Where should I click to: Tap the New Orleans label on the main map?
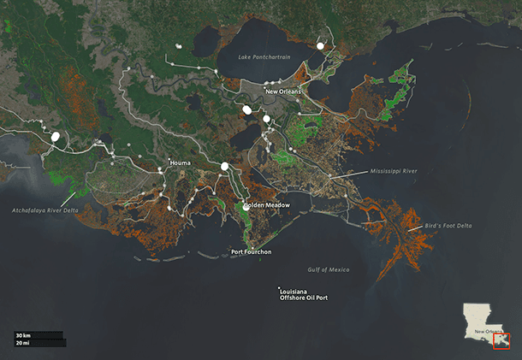(283, 91)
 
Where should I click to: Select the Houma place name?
(180, 162)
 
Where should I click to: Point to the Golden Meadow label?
(268, 205)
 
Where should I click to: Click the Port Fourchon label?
(252, 251)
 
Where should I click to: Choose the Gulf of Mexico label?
(329, 270)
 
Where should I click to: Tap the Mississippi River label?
(394, 171)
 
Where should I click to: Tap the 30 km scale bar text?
(22, 334)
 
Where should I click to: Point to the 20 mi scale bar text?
(22, 342)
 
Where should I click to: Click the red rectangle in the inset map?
(501, 341)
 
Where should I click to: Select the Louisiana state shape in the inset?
(479, 318)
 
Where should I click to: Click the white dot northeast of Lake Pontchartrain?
(320, 45)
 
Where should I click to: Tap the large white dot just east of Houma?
(224, 166)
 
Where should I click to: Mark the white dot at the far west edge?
(56, 136)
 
